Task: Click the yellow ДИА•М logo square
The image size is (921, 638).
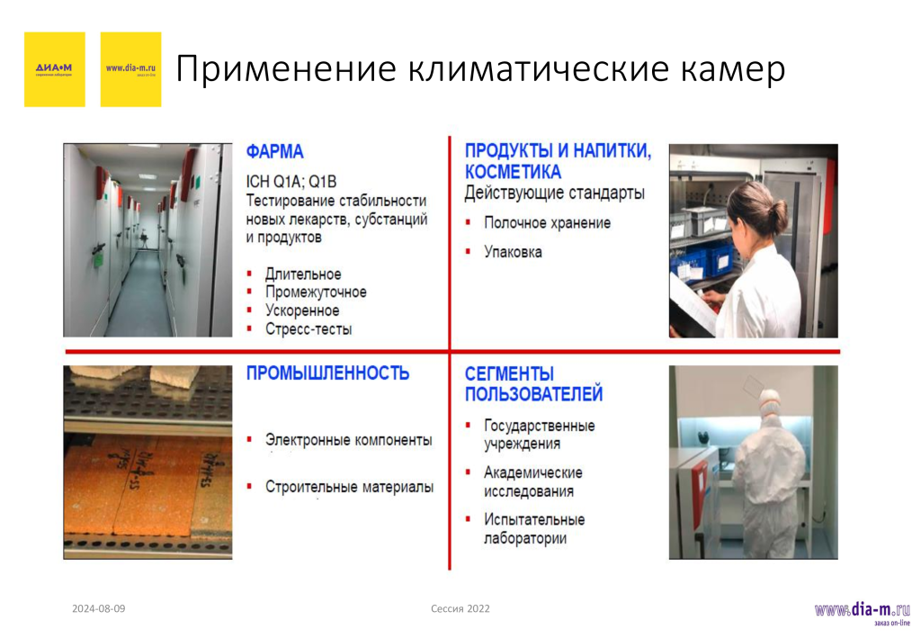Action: [x=54, y=69]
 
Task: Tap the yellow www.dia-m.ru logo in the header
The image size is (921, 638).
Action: [x=130, y=69]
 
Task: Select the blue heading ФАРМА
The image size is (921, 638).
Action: [x=275, y=152]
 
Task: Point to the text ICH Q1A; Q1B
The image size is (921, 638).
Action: [x=291, y=181]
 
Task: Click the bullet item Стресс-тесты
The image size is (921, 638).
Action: [x=308, y=329]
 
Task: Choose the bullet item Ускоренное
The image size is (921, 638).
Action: [x=302, y=310]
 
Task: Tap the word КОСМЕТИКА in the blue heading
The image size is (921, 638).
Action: [x=513, y=172]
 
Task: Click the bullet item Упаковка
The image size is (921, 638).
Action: [x=513, y=252]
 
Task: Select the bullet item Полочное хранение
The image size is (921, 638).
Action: [x=547, y=222]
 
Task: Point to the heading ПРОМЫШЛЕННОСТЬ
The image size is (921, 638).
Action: [x=327, y=373]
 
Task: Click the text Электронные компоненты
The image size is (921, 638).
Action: [x=348, y=440]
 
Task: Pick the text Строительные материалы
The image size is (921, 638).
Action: [x=349, y=487]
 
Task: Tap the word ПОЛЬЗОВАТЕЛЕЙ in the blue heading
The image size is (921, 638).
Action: [x=533, y=394]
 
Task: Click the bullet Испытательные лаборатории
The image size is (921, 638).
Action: [x=533, y=529]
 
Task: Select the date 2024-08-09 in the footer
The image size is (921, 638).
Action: [x=99, y=609]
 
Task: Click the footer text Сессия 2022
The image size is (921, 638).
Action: [x=460, y=609]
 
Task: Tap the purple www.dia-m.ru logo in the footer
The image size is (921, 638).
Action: [x=862, y=611]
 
